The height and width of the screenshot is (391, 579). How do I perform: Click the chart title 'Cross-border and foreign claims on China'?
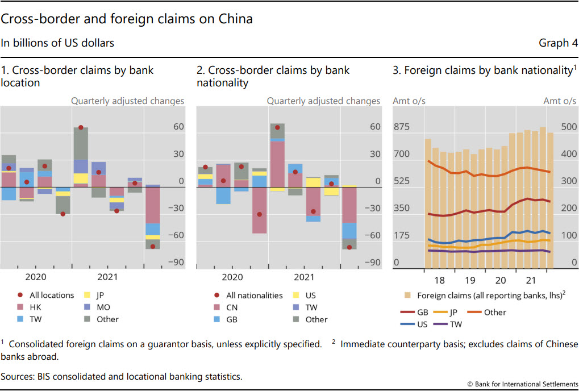coord(127,19)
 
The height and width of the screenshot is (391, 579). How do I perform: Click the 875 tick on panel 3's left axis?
coord(402,127)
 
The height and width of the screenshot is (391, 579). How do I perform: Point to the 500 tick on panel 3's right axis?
coord(568,127)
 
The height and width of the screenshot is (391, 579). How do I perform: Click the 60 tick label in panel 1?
coord(178,127)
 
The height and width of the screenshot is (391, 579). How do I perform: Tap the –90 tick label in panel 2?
coord(373,263)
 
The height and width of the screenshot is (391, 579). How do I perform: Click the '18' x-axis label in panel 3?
coord(439,281)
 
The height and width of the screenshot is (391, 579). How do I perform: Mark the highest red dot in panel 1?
coord(81,128)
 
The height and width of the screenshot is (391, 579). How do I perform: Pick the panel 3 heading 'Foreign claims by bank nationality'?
coord(481,70)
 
